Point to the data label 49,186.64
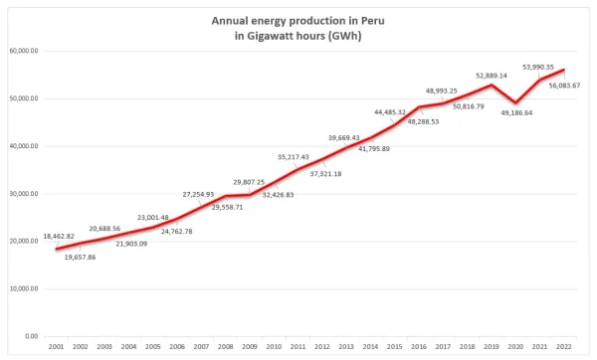click(515, 113)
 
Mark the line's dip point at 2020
click(516, 102)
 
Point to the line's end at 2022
click(565, 70)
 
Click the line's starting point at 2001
click(57, 249)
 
